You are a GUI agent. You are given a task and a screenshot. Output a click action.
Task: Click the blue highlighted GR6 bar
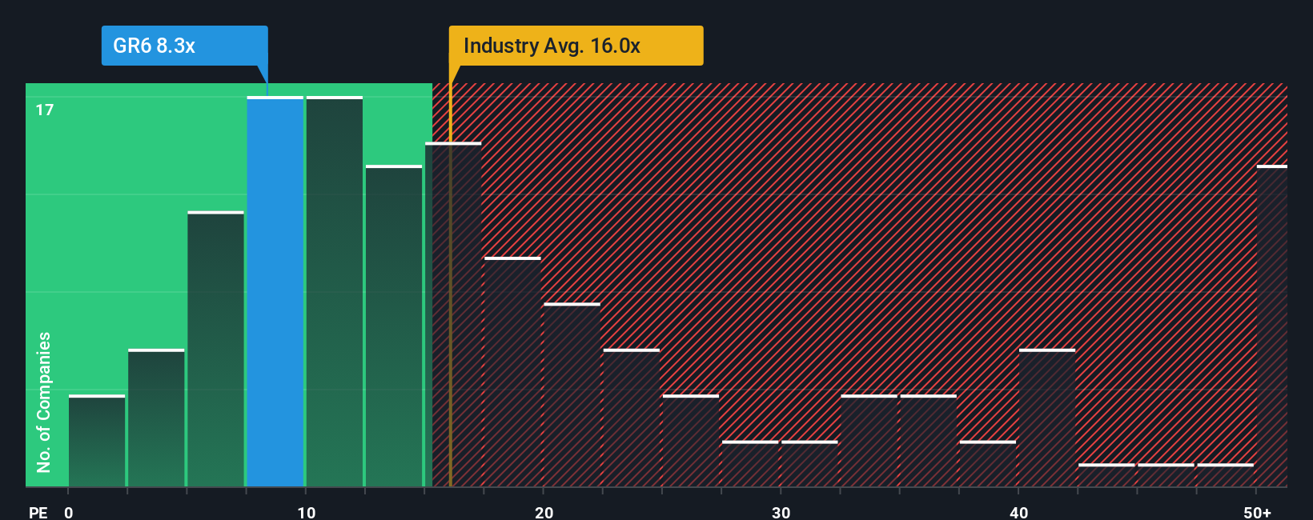(x=275, y=292)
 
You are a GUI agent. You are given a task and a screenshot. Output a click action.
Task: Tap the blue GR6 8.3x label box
(x=184, y=46)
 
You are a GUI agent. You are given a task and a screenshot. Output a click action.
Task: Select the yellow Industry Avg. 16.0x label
(x=575, y=46)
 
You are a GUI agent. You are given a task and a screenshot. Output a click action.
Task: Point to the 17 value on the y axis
(x=45, y=110)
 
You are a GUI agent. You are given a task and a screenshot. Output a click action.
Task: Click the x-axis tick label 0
(x=69, y=512)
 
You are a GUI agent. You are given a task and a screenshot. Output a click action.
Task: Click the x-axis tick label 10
(x=306, y=512)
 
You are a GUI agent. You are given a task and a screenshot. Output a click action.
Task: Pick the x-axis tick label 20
(x=544, y=512)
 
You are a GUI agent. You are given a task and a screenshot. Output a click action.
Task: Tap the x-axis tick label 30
(x=781, y=512)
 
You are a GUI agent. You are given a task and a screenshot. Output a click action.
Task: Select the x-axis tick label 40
(x=1018, y=512)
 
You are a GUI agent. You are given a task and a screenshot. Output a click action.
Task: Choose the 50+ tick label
(x=1257, y=512)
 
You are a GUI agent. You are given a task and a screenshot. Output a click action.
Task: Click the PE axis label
(x=38, y=512)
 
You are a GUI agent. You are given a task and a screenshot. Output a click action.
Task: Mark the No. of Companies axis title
(x=44, y=402)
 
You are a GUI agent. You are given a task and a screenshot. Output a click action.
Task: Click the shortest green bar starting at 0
(x=97, y=441)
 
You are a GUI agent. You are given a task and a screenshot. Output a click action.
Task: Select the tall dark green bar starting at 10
(x=335, y=292)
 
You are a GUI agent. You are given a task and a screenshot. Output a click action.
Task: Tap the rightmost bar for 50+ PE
(x=1271, y=326)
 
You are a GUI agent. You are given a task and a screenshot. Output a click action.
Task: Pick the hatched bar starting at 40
(x=1047, y=418)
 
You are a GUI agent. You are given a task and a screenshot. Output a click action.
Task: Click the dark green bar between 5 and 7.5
(x=215, y=349)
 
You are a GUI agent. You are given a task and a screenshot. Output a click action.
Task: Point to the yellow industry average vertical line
(x=450, y=320)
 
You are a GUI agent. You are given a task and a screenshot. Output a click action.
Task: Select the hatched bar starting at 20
(x=572, y=395)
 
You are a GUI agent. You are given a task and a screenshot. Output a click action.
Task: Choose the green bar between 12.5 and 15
(x=394, y=326)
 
